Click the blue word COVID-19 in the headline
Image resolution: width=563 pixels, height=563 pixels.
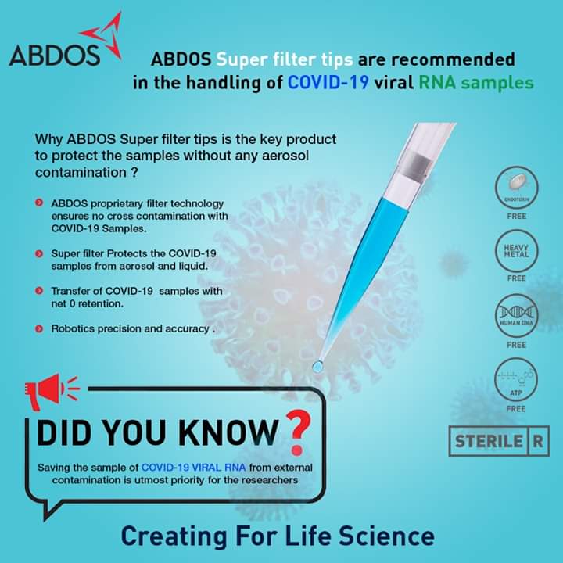point(328,82)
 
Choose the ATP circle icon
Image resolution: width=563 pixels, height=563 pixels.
point(516,381)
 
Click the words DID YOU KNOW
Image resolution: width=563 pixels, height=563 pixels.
point(156,432)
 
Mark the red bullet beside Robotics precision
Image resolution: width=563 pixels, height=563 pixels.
point(39,329)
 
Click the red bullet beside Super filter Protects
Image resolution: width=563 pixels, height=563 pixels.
point(39,254)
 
